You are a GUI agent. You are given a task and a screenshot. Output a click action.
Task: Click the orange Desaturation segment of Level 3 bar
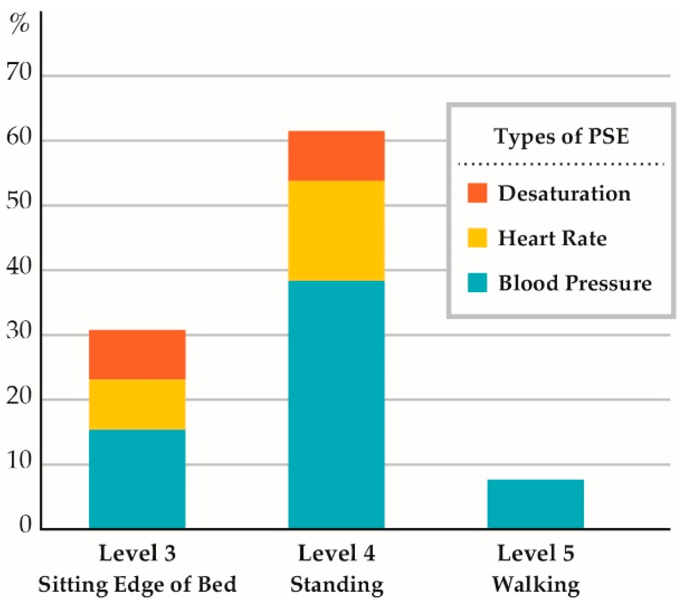pyautogui.click(x=137, y=355)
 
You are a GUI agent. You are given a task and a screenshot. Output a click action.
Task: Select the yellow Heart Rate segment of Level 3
pyautogui.click(x=137, y=404)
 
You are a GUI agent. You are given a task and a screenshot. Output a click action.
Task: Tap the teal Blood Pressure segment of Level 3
pyautogui.click(x=137, y=479)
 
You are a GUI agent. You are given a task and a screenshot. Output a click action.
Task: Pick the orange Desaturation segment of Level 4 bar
pyautogui.click(x=336, y=156)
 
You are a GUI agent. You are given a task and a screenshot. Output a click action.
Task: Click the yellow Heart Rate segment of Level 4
pyautogui.click(x=336, y=231)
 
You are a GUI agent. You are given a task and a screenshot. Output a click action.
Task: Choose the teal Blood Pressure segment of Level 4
pyautogui.click(x=336, y=404)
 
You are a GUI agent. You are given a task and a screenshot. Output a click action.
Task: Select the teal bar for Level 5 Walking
pyautogui.click(x=535, y=504)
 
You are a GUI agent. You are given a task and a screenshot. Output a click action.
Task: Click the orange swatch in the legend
pyautogui.click(x=477, y=193)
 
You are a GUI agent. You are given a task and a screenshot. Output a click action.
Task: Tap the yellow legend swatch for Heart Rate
pyautogui.click(x=477, y=237)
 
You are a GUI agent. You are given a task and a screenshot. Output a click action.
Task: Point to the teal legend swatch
pyautogui.click(x=477, y=282)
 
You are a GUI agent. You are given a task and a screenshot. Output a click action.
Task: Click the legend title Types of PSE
pyautogui.click(x=561, y=136)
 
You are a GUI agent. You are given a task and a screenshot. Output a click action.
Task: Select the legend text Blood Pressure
pyautogui.click(x=575, y=283)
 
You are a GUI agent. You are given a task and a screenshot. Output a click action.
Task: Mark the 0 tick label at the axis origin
pyautogui.click(x=25, y=525)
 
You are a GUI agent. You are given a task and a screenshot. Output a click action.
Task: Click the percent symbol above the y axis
pyautogui.click(x=20, y=23)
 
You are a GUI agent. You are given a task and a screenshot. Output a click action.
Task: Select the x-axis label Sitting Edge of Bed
pyautogui.click(x=137, y=584)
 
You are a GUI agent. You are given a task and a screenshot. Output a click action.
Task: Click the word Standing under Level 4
pyautogui.click(x=337, y=585)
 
